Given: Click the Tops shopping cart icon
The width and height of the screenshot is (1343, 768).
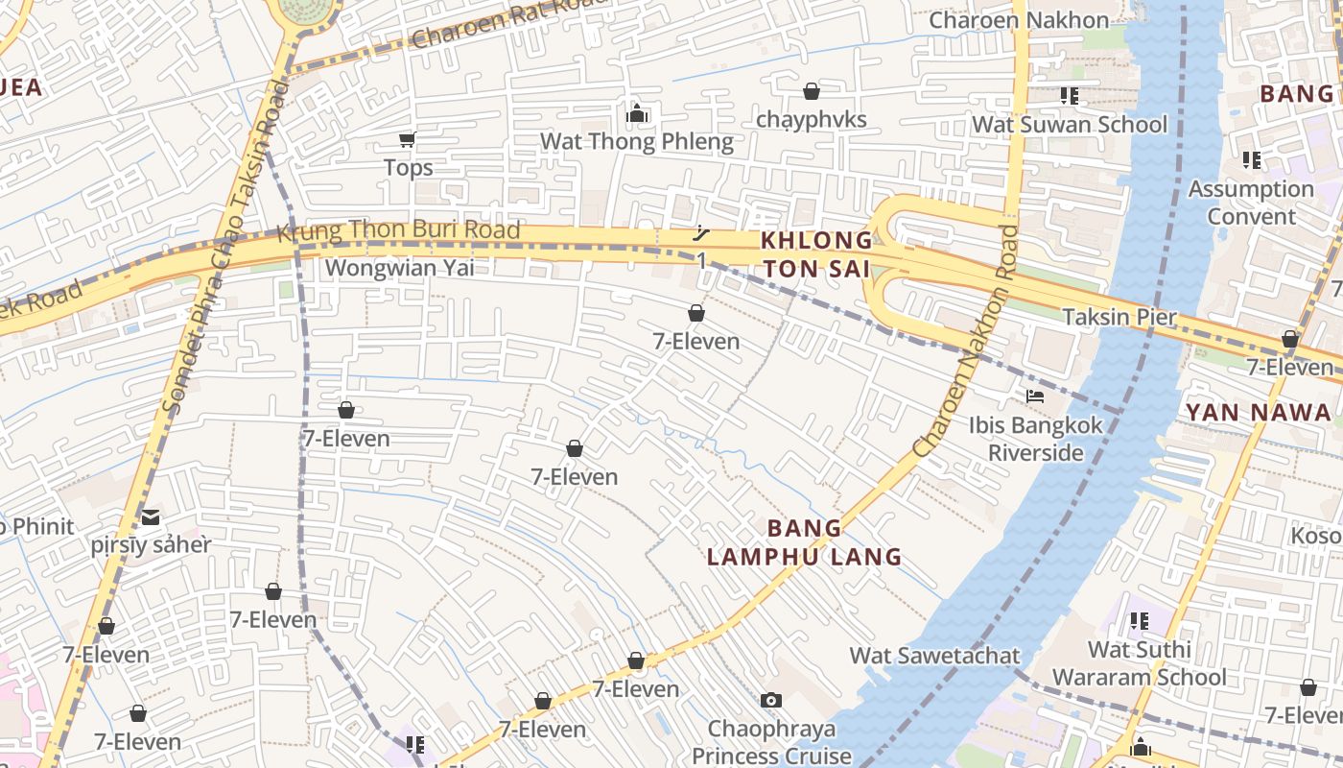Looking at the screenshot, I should (x=407, y=140).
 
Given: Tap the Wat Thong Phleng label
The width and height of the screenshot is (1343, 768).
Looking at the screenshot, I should (x=636, y=142).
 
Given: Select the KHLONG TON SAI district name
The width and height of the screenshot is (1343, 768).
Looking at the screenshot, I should (x=816, y=254).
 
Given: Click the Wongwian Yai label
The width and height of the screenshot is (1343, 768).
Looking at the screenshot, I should (x=399, y=268).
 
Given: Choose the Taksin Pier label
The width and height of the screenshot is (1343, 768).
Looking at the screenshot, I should (x=1119, y=317).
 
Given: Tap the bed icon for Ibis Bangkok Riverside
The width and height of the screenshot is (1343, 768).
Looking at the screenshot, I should (x=1035, y=396).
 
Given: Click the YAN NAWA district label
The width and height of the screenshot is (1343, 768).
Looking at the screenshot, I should (x=1259, y=413).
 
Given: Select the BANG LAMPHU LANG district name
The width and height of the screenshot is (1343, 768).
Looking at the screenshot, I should (x=804, y=542).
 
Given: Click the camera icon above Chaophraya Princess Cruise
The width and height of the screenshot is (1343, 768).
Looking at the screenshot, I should (x=771, y=701).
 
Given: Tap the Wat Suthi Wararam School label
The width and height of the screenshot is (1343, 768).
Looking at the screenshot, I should (x=1139, y=663).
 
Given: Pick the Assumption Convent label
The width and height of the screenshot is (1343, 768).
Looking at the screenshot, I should (x=1251, y=203).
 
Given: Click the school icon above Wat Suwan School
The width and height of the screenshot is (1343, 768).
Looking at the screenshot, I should (x=1070, y=96).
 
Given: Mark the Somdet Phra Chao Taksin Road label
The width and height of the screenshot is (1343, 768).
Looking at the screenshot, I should (x=225, y=250).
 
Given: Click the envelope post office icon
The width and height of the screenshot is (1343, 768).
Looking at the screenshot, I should (x=151, y=518).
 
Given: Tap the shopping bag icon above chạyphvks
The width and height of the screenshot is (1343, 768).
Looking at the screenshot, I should (x=812, y=91).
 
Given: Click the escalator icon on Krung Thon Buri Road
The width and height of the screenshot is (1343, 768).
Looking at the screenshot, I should (x=702, y=232).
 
